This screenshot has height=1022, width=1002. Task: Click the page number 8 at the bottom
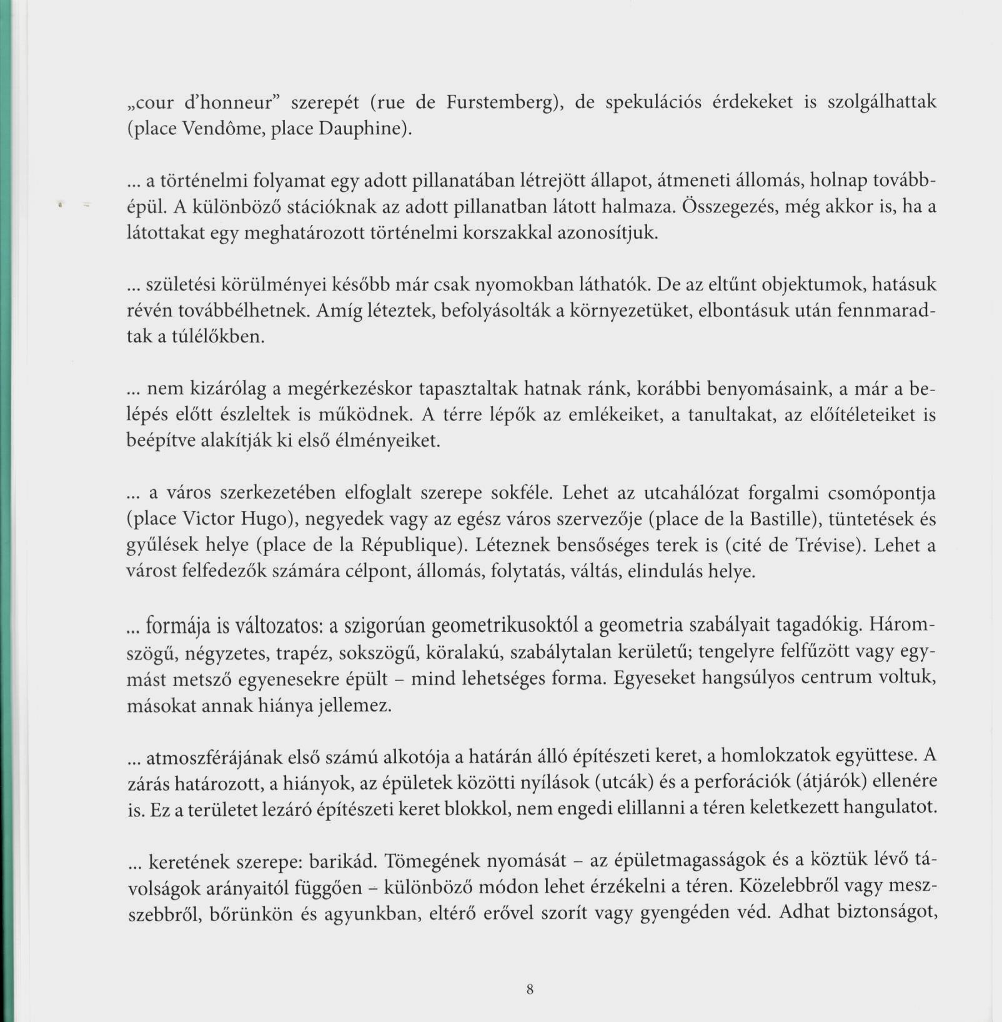(x=530, y=989)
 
